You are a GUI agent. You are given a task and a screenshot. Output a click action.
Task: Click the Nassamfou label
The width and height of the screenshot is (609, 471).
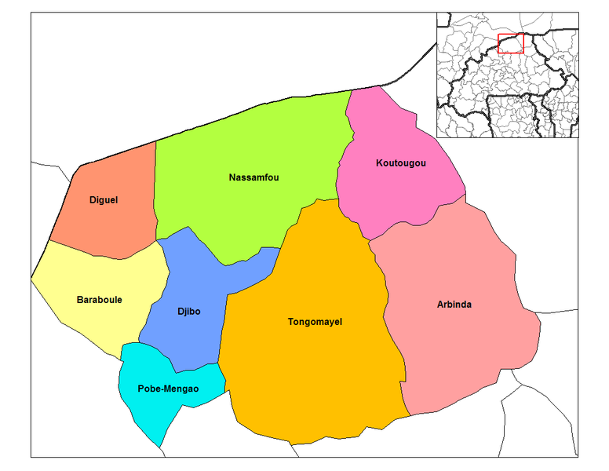pos(253,177)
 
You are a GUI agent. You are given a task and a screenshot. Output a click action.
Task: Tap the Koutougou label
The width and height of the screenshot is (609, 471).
pos(400,163)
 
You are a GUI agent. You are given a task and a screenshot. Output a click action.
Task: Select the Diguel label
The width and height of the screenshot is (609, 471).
pos(104,200)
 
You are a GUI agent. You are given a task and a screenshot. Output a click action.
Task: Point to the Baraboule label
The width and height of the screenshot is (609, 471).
pos(99,300)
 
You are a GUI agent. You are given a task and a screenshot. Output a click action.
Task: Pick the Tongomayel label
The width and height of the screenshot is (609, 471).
pos(315,322)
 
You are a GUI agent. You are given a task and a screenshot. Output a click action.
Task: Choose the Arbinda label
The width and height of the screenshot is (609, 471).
pos(454,305)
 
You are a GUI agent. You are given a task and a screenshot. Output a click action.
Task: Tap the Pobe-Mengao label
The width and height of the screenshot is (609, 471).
pos(168,389)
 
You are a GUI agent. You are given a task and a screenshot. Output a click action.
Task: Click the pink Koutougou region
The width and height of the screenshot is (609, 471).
pos(392,196)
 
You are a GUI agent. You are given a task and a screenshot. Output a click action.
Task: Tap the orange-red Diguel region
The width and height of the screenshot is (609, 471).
pos(118,228)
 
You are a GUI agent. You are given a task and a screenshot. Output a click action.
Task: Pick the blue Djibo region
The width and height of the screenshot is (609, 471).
pos(188,338)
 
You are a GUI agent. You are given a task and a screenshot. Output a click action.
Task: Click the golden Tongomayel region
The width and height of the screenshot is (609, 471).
pos(314,377)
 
